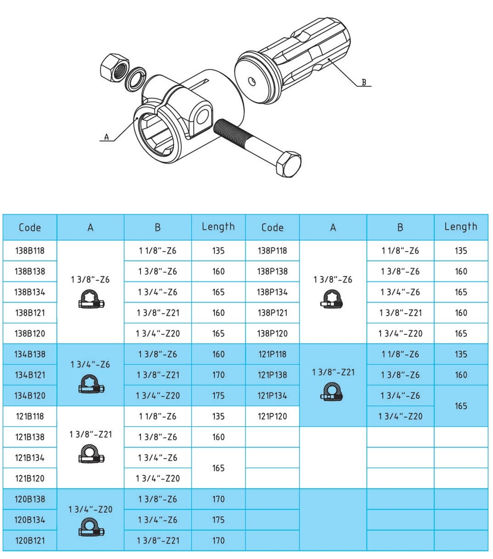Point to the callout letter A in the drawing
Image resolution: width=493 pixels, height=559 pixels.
point(106,137)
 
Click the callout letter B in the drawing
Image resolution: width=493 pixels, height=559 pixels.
point(364,82)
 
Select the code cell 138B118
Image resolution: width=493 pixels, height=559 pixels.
point(30,251)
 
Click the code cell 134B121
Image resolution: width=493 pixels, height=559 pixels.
point(30,375)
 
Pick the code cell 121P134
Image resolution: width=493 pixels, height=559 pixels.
point(273,396)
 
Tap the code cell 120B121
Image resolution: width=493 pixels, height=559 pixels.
point(30,541)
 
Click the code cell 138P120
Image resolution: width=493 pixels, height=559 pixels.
point(273,334)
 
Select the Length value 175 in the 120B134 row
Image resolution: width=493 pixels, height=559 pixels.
point(218,520)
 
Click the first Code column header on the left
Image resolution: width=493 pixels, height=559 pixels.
point(30,227)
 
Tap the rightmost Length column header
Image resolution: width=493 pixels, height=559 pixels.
point(461,227)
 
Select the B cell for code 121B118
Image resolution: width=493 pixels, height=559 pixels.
point(158,416)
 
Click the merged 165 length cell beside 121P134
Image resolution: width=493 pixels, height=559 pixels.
point(461,406)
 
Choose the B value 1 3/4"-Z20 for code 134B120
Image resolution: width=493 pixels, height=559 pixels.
point(158,396)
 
